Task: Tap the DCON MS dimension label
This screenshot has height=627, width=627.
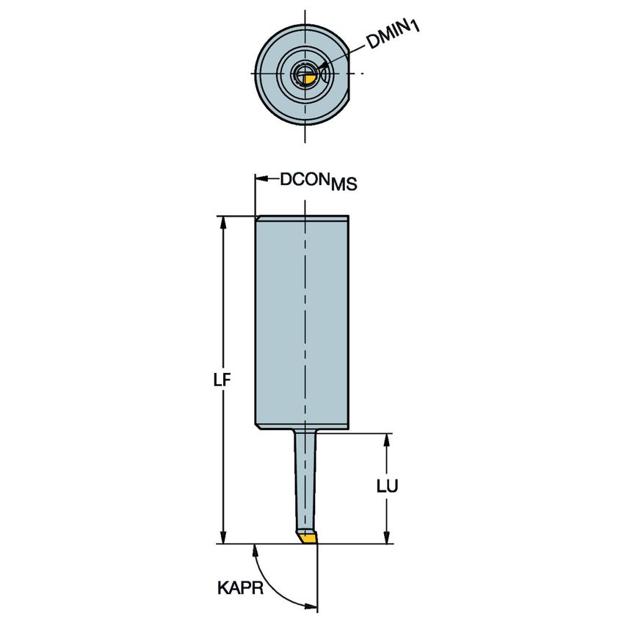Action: [x=319, y=181]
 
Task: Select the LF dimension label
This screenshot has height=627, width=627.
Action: [x=222, y=380]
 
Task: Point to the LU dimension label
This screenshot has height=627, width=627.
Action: [x=387, y=486]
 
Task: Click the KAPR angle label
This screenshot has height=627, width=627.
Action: [x=240, y=588]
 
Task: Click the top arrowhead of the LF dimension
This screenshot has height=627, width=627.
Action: [x=223, y=223]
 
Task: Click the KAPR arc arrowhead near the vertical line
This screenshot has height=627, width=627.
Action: [x=311, y=606]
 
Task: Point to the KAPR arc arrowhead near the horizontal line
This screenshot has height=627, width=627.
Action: [x=254, y=551]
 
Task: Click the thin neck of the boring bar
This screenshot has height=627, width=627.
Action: [x=305, y=480]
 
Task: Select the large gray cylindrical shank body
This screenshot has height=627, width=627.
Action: [x=302, y=322]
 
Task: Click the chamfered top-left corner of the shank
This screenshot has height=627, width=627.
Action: [x=258, y=218]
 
